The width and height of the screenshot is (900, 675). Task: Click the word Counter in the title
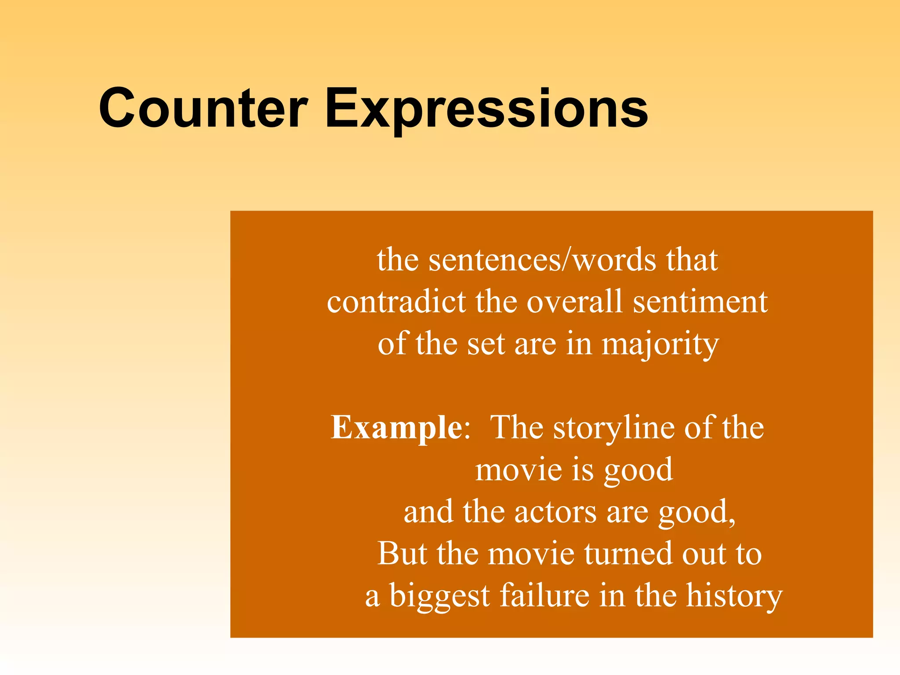pyautogui.click(x=203, y=109)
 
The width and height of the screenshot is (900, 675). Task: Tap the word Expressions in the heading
pyautogui.click(x=486, y=109)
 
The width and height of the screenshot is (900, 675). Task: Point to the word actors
pyautogui.click(x=555, y=512)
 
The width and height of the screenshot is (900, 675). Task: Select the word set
pyautogui.click(x=486, y=345)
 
